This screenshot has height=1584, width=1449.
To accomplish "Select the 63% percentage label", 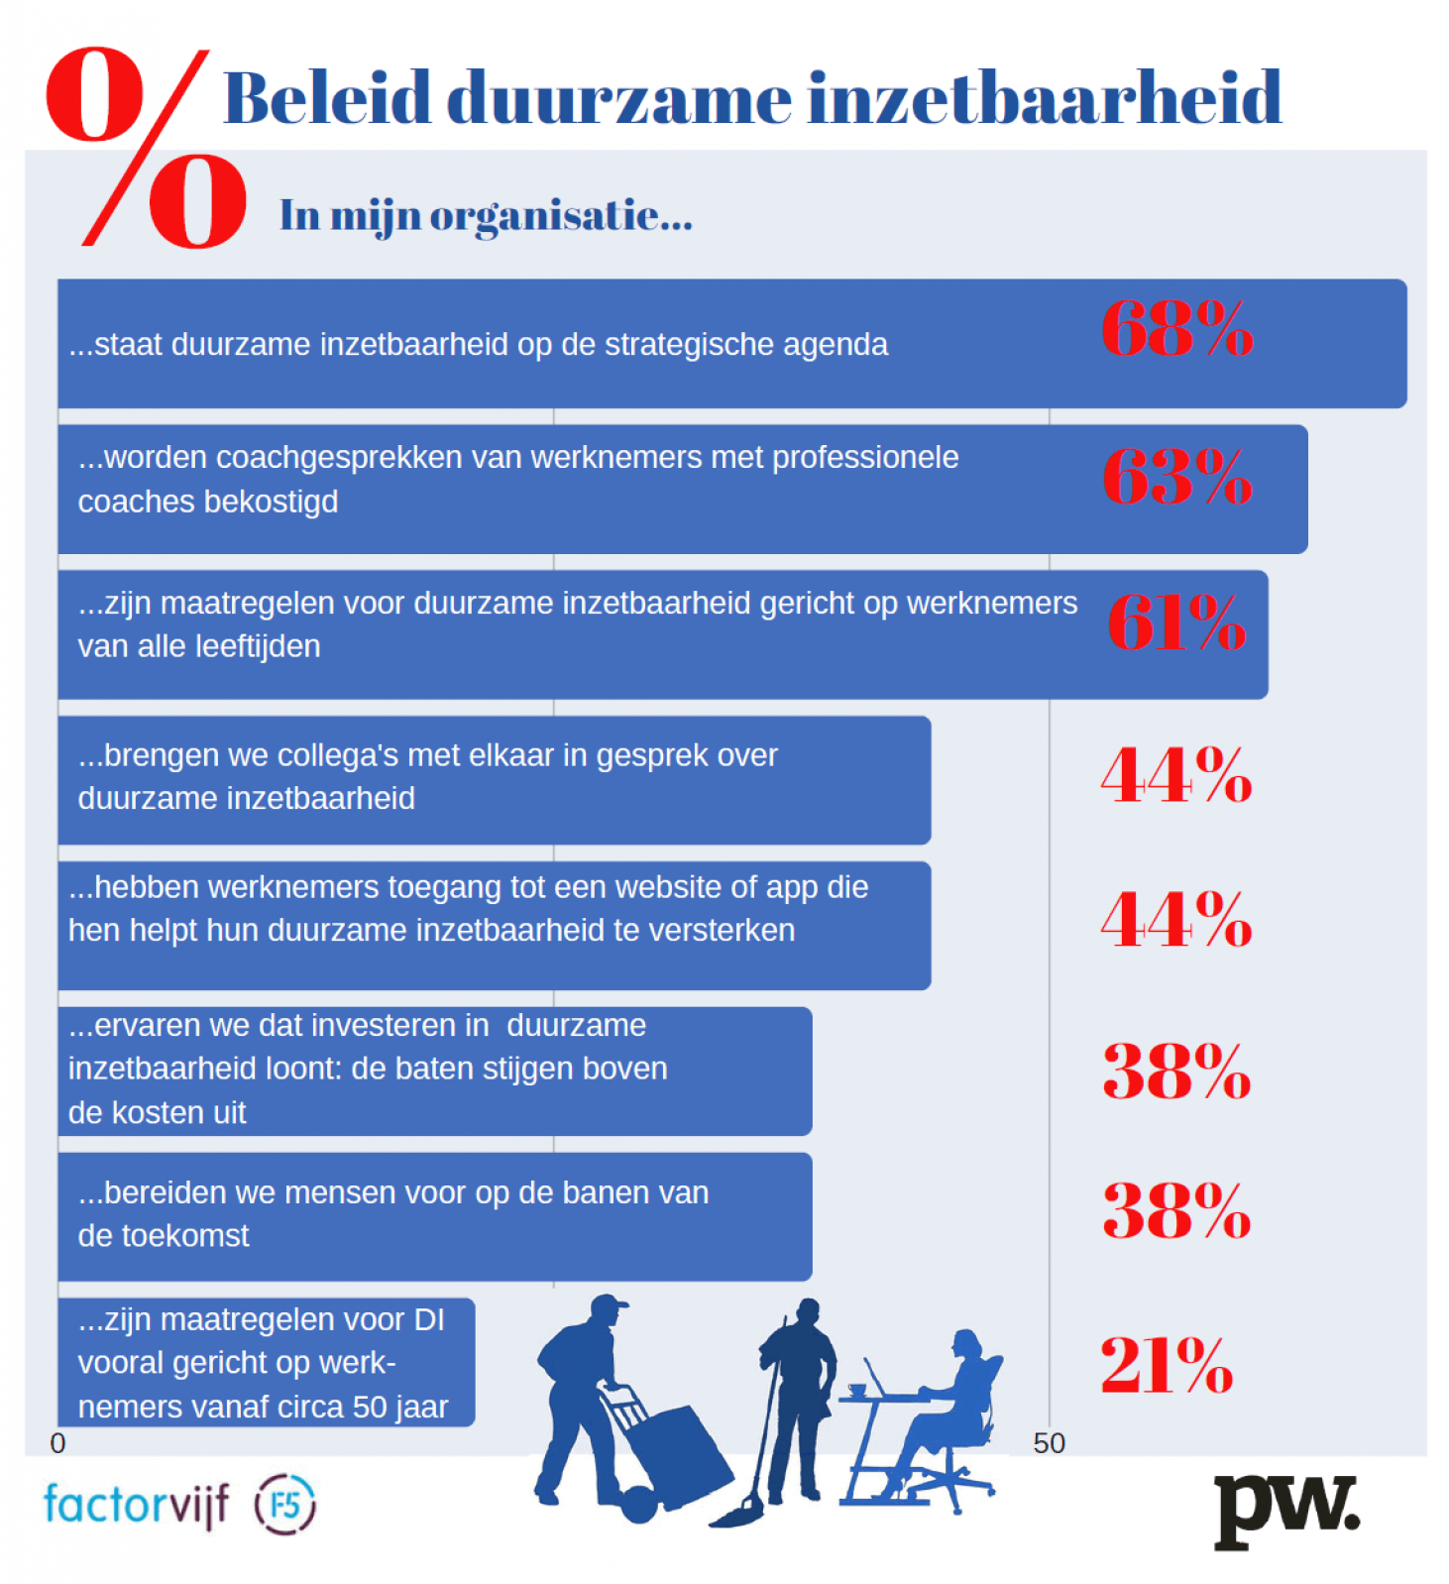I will tap(1176, 477).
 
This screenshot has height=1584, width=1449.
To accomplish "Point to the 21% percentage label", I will tap(1166, 1365).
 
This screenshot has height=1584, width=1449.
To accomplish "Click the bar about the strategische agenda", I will tap(731, 344).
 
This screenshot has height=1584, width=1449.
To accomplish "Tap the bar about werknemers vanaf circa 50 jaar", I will tap(266, 1362).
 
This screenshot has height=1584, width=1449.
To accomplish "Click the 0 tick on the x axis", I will tap(57, 1443).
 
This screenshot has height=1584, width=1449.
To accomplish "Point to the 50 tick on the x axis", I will tap(1049, 1443).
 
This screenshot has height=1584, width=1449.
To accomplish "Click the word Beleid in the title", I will tap(327, 99).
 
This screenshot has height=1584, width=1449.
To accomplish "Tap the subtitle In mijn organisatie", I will tap(486, 215).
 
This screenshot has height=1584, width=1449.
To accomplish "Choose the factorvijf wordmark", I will tap(136, 1504).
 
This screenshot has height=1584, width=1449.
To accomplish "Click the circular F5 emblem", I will tap(285, 1504).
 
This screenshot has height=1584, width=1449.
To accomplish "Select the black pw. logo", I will tap(1285, 1509).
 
